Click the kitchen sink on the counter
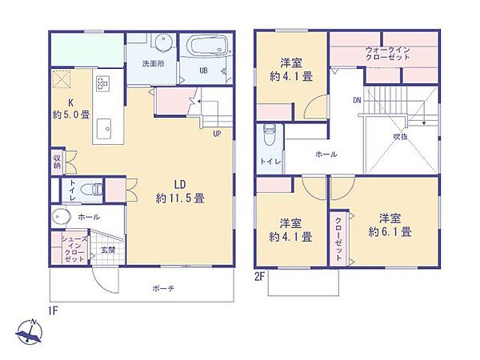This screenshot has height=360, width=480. pyautogui.click(x=105, y=129)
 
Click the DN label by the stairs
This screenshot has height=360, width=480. pyautogui.click(x=357, y=101)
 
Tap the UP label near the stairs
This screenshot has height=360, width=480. pyautogui.click(x=217, y=134)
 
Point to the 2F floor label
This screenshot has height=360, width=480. pyautogui.click(x=260, y=276)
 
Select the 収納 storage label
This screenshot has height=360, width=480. pyautogui.click(x=58, y=162)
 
